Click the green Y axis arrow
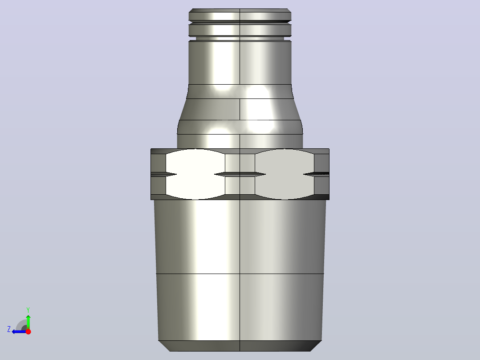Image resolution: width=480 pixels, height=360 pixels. tap(28, 321)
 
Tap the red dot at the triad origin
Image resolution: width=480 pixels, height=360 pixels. tap(28, 331)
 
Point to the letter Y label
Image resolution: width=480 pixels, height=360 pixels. tap(28, 310)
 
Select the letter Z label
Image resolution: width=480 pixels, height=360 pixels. tap(9, 329)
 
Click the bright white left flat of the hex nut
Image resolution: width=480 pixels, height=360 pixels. tap(195, 174)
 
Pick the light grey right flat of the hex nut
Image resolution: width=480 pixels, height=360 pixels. tap(285, 174)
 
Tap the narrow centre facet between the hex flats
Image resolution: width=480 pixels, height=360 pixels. tap(240, 174)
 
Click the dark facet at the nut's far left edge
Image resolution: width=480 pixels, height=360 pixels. tap(158, 174)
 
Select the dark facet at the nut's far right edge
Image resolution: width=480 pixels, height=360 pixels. tap(322, 174)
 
